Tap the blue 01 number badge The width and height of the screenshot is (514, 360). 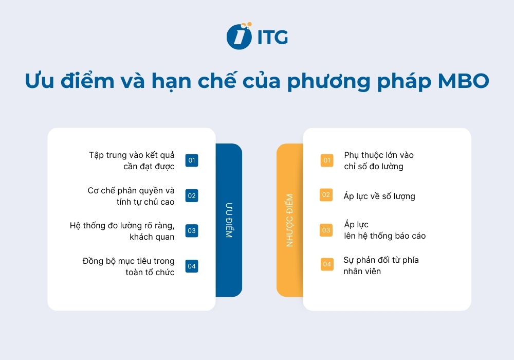point(192,160)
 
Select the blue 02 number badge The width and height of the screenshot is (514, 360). point(192,195)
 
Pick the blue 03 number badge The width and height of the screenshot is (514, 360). point(192,231)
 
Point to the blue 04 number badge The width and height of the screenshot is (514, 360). point(192,266)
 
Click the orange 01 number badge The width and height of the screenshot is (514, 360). point(327,160)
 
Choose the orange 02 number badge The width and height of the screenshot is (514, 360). point(326,195)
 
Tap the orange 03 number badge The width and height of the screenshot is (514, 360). point(326,230)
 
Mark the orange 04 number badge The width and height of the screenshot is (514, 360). point(327,264)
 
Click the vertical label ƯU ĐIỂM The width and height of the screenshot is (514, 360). point(229,220)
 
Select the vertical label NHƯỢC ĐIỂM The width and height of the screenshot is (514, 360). point(289,220)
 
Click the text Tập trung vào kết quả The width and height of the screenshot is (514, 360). point(132,155)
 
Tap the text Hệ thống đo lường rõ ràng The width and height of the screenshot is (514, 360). point(122,225)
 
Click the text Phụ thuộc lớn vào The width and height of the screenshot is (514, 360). point(379,155)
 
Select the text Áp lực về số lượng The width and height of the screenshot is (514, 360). point(379,196)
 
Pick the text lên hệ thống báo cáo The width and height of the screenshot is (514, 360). point(385,236)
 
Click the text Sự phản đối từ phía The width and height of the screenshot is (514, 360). point(381,260)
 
